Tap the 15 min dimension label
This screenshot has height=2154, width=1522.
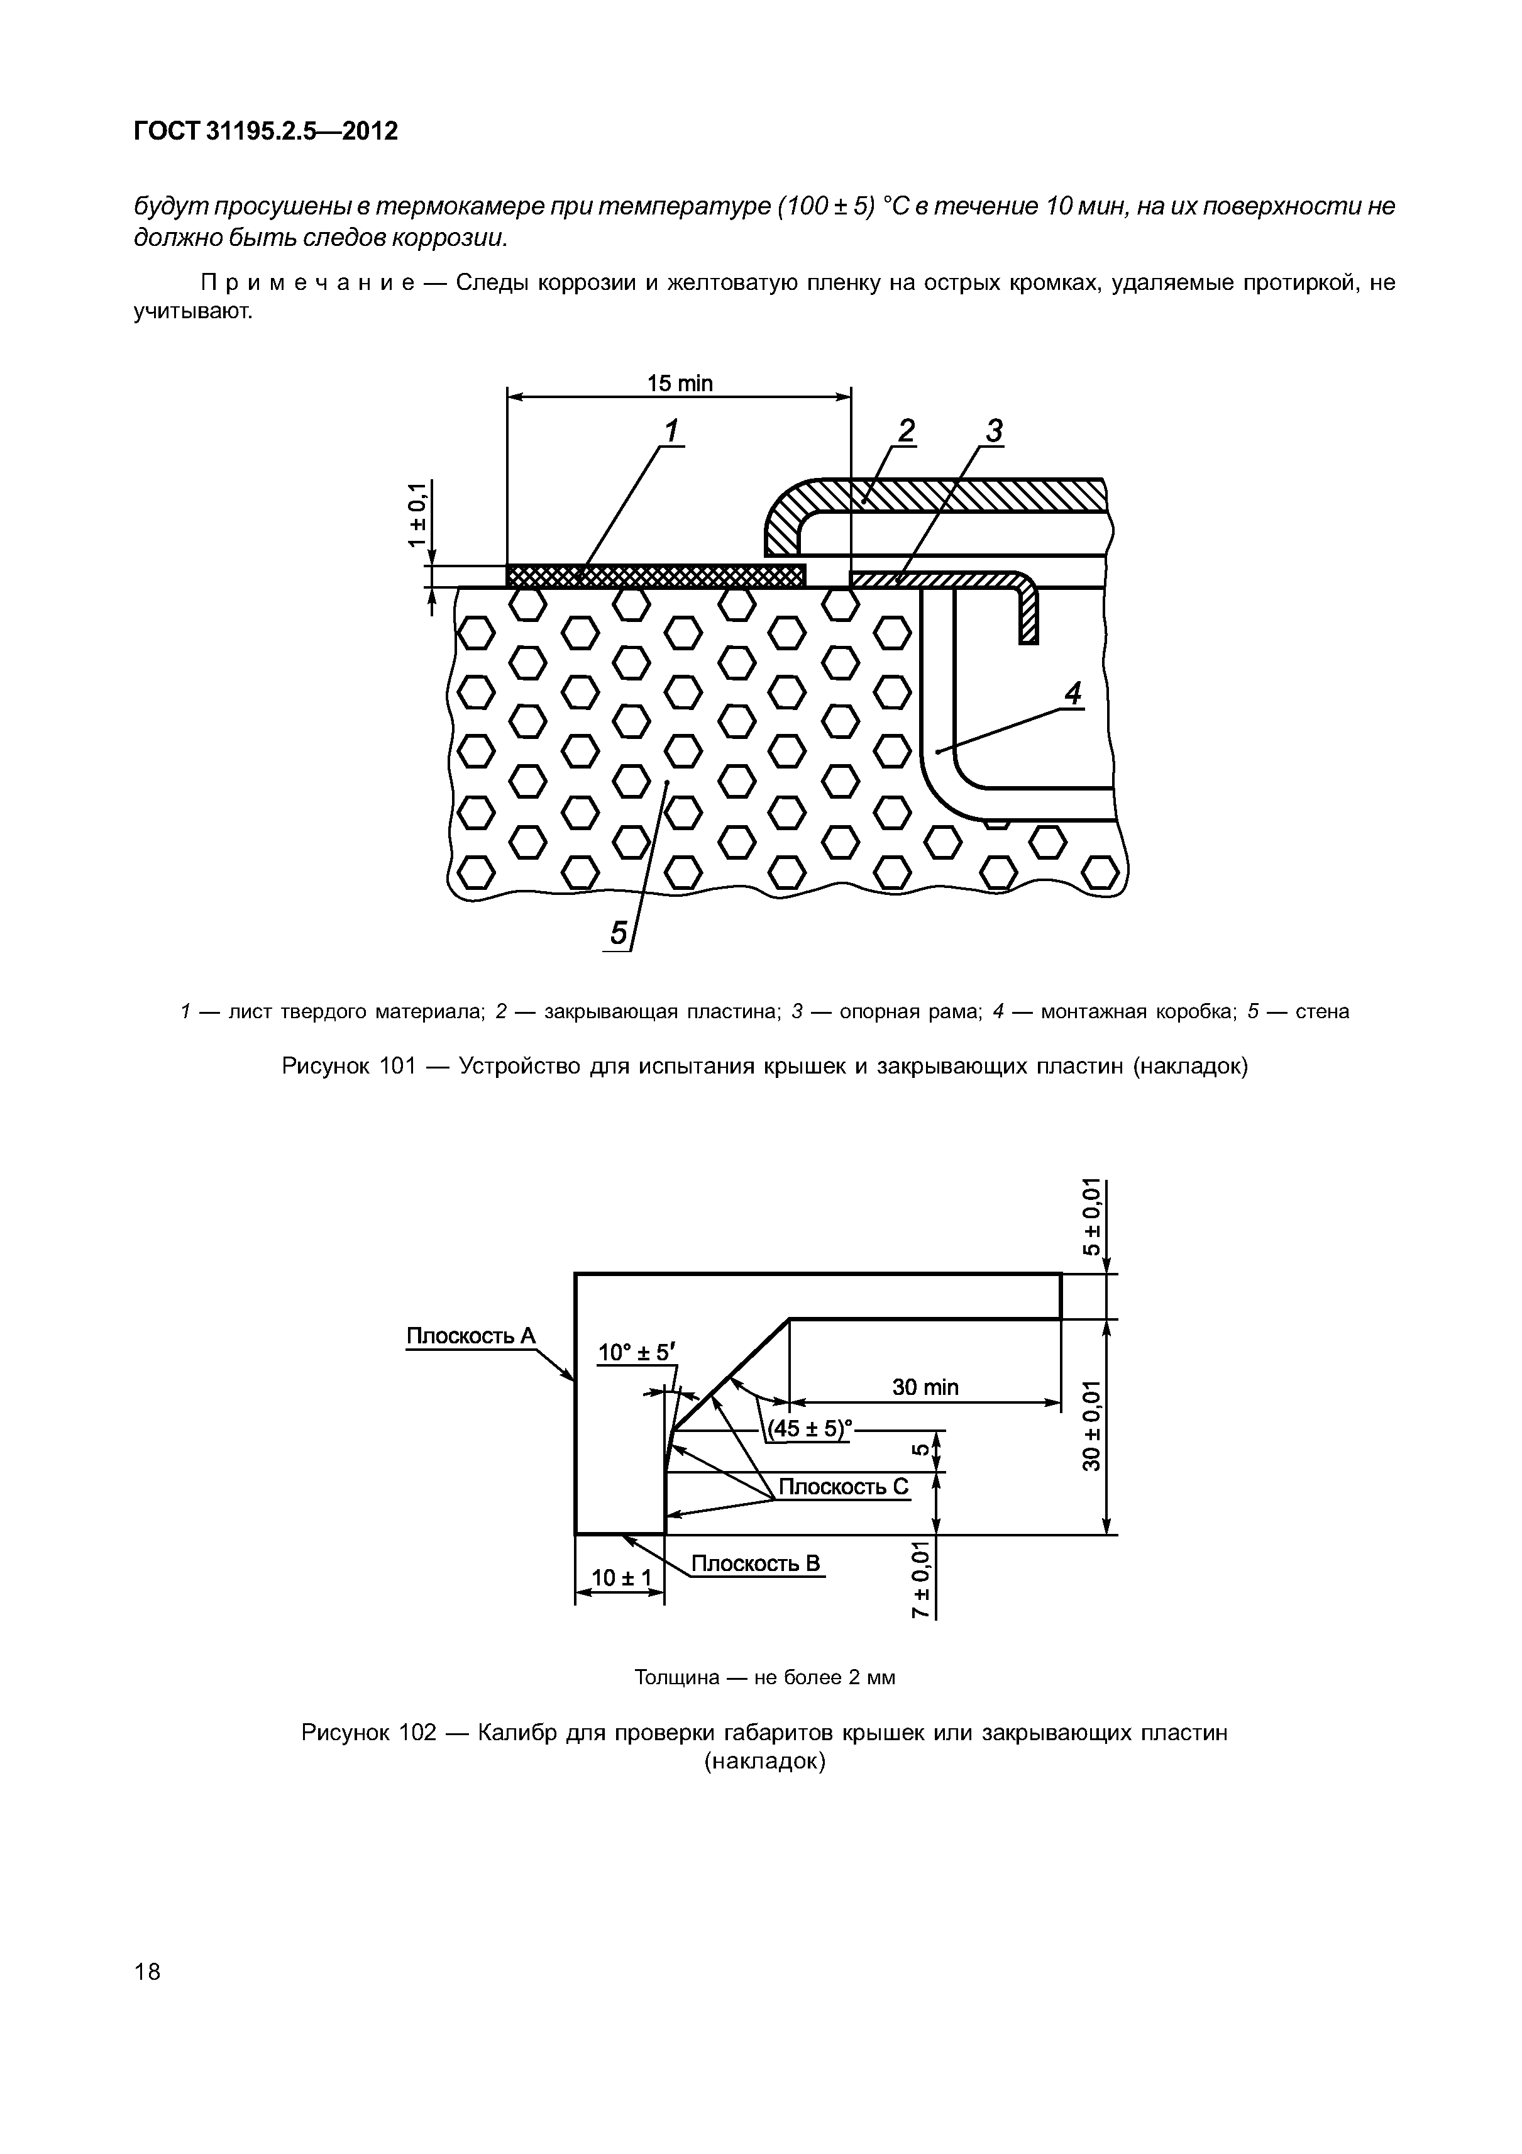(680, 383)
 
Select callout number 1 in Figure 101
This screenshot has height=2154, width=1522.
(671, 431)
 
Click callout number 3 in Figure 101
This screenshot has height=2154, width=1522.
(994, 431)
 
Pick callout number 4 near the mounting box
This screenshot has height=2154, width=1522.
(1073, 694)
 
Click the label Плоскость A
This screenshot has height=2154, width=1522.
(470, 1335)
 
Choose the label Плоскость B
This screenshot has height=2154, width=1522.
(755, 1563)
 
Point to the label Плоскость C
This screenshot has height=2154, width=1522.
(844, 1486)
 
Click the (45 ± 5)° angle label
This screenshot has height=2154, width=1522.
(809, 1429)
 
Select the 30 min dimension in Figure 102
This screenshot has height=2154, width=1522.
(925, 1387)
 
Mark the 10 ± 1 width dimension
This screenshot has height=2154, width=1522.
(620, 1578)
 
